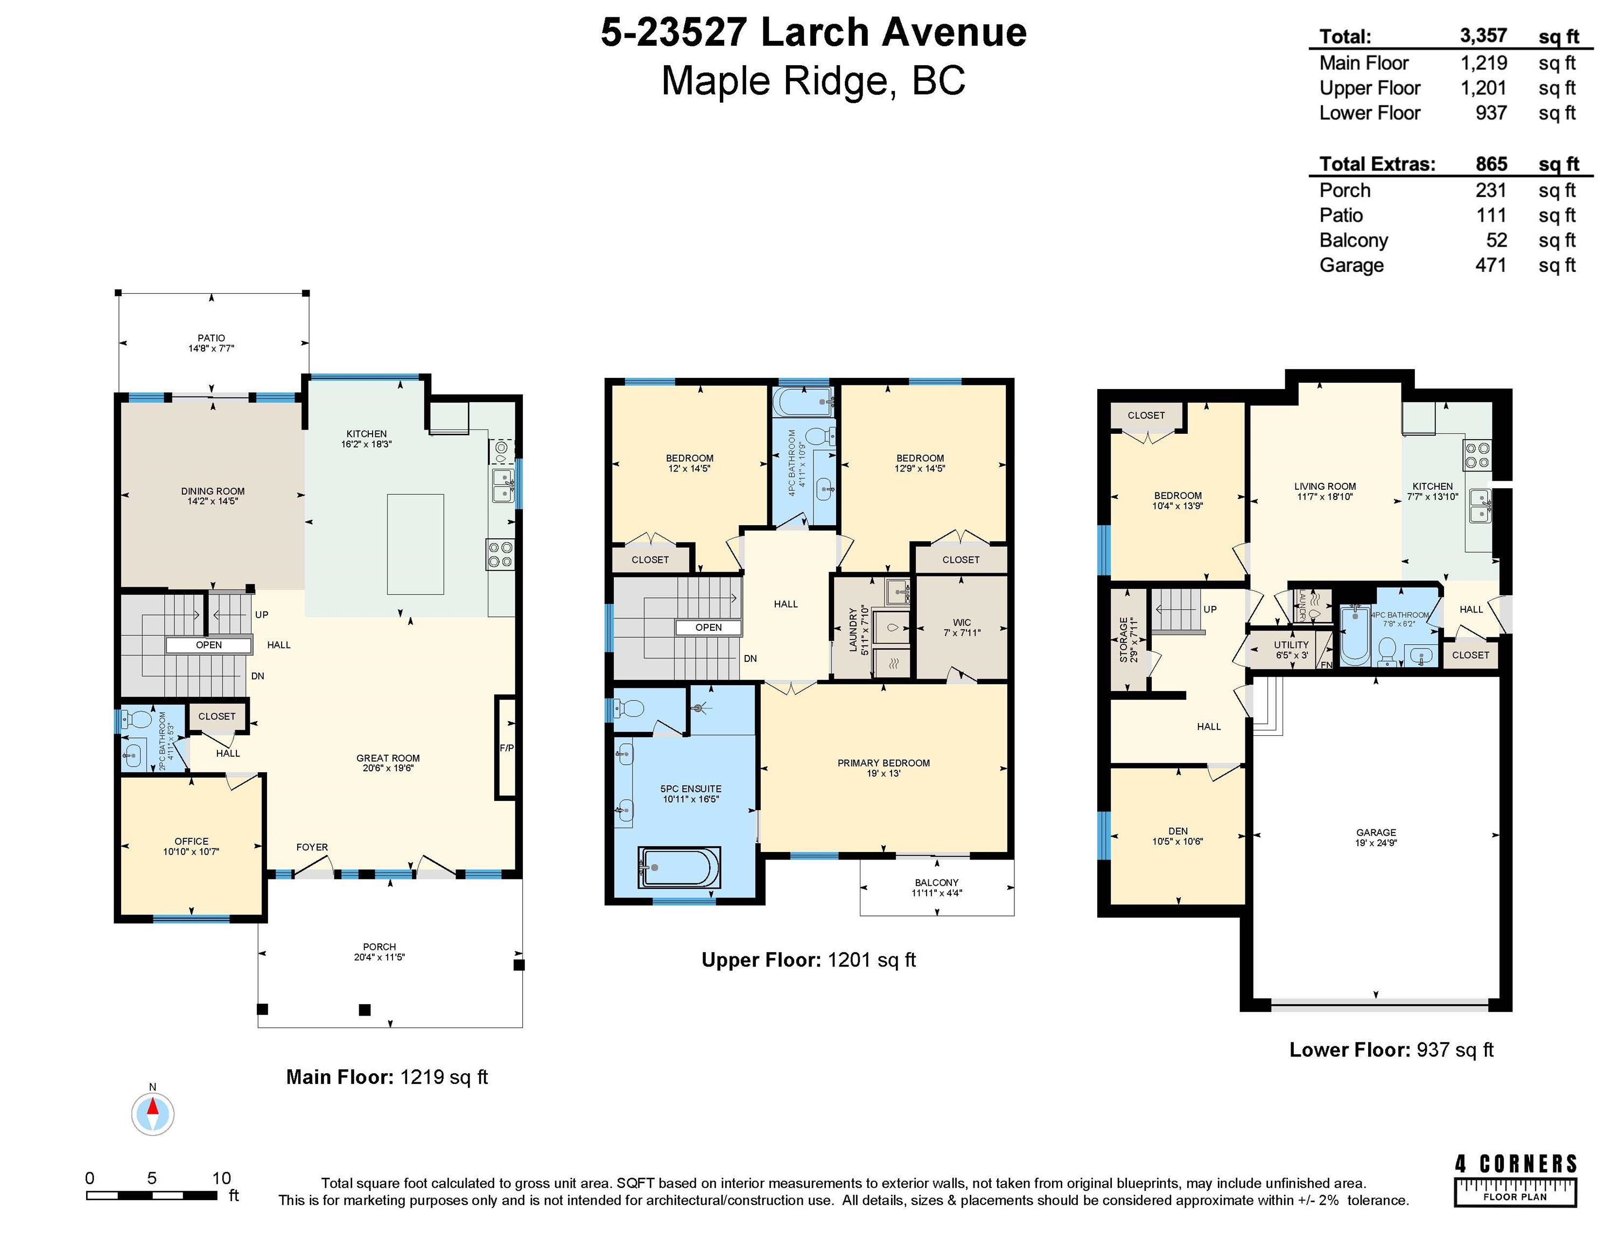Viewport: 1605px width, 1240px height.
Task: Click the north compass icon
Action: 153,1114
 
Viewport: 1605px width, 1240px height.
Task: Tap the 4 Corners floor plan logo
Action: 1515,1180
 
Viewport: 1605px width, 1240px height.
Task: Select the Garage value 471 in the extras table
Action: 1490,265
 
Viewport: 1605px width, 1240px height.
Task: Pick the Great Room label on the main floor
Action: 388,763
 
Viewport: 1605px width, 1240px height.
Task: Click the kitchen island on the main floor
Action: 415,544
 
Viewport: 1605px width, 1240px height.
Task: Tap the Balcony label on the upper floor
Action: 937,887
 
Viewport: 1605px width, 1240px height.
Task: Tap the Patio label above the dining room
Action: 211,343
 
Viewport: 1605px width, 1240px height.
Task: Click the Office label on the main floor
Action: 191,846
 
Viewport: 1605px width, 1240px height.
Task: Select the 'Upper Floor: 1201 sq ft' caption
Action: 808,960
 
